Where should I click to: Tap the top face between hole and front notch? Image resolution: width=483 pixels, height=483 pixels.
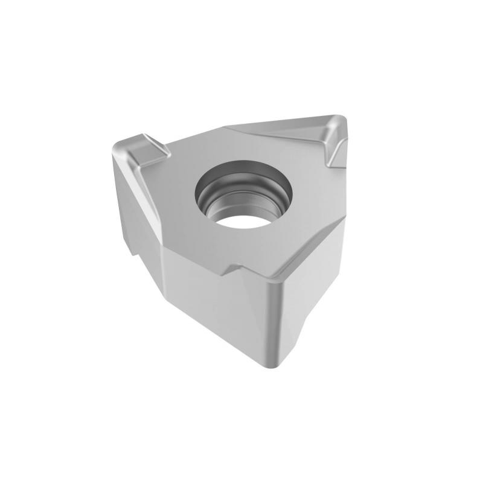[241, 248]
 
